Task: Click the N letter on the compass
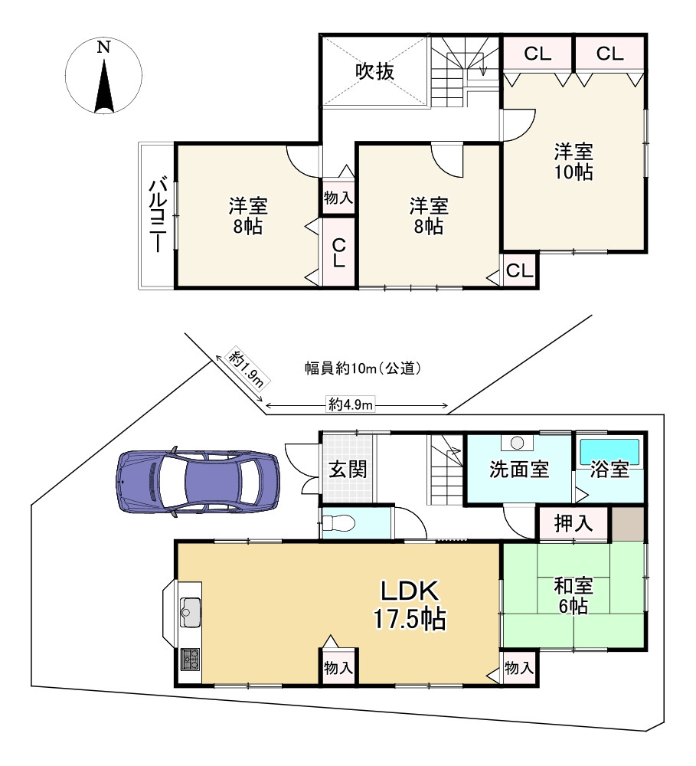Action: (103, 47)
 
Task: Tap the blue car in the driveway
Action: (198, 482)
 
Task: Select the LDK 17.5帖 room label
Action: (410, 605)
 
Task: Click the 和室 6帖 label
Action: (573, 596)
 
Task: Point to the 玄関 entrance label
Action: (348, 470)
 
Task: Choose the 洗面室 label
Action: (519, 469)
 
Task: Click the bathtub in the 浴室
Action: (609, 452)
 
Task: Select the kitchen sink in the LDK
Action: (191, 611)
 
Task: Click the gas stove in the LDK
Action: (191, 659)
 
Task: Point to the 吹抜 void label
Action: (374, 72)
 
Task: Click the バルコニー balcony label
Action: (157, 215)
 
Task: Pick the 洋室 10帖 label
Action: (573, 162)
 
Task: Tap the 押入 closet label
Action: (573, 524)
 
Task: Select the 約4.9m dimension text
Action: (350, 405)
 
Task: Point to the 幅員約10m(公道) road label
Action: (362, 368)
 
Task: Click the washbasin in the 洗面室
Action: (517, 443)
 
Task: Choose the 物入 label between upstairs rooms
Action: (338, 198)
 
